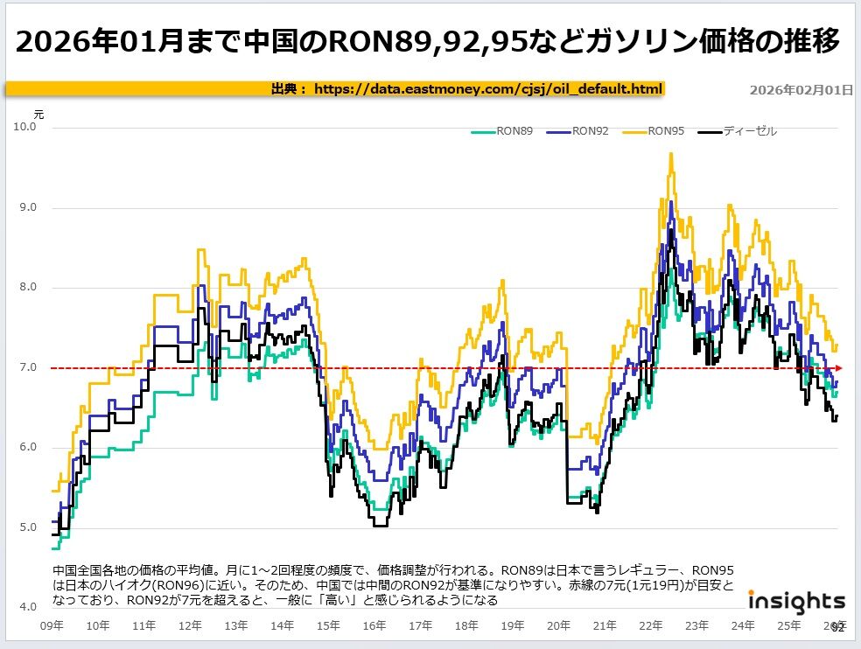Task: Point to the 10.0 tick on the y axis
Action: pos(26,128)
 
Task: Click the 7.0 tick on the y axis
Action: pos(26,367)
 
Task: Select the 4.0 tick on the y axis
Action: pos(26,607)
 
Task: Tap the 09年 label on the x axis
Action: pos(52,625)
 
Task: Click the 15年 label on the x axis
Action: pos(328,625)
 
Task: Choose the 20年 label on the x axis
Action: pos(558,625)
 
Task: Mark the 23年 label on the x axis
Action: pos(696,625)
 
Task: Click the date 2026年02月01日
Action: pos(801,90)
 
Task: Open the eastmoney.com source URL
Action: pos(488,88)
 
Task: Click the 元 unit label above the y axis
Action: pos(38,114)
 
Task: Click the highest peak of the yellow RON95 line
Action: pos(671,154)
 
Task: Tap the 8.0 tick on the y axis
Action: pos(26,288)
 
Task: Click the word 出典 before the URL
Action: pos(284,88)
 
